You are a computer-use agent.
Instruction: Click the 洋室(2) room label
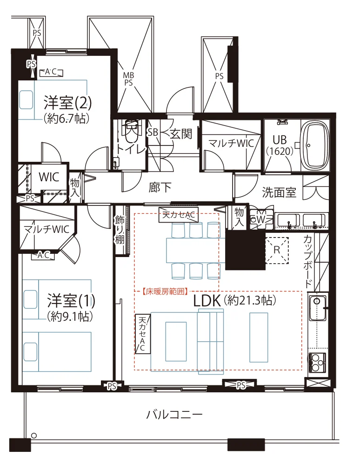[x=67, y=102]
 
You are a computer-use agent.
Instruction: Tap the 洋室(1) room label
[x=71, y=300]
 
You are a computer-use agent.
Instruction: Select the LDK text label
[x=207, y=301]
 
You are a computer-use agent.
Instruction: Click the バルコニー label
[x=174, y=415]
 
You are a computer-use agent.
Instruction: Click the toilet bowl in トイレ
[x=132, y=132]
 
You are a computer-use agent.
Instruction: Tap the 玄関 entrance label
[x=181, y=134]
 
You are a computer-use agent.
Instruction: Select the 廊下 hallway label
[x=160, y=188]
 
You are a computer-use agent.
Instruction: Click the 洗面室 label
[x=279, y=192]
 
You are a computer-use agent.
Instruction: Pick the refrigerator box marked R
[x=277, y=250]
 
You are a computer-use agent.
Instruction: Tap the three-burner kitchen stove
[x=317, y=362]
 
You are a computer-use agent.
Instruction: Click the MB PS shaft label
[x=128, y=79]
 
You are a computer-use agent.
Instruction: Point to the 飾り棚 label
[x=120, y=230]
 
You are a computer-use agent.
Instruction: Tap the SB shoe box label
[x=153, y=132]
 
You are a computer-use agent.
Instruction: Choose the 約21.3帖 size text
[x=250, y=300]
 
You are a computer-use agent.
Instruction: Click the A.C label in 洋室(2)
[x=51, y=72]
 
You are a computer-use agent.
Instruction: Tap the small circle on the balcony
[x=34, y=436]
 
